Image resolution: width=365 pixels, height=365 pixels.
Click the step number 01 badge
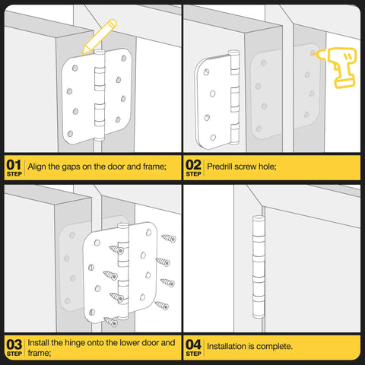[13, 167]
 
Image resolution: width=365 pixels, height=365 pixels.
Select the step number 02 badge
[192, 167]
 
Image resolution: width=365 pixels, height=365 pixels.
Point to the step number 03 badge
[13, 347]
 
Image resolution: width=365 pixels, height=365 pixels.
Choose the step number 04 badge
[192, 347]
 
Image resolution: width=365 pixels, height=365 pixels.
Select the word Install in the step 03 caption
[40, 342]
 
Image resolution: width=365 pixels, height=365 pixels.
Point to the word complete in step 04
[275, 346]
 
